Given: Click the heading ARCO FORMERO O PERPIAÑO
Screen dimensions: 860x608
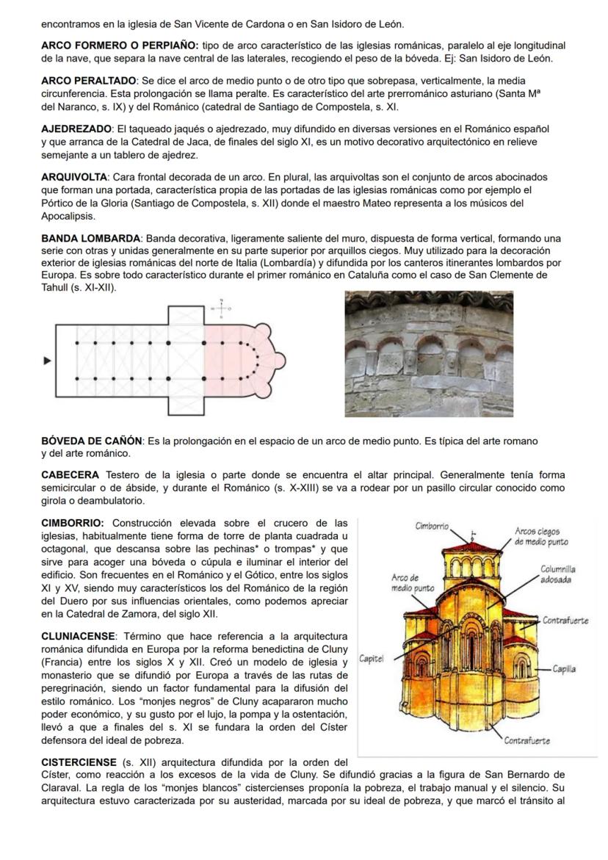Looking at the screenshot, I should click(120, 46).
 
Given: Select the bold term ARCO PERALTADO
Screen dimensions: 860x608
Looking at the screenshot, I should click(89, 80).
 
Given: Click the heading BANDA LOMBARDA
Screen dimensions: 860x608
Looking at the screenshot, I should click(91, 239).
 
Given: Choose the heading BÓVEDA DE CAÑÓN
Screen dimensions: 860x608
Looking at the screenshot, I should click(92, 441).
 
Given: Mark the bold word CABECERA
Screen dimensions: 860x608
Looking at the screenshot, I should click(70, 474).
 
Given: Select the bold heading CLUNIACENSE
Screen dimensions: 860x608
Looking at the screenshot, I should click(79, 635).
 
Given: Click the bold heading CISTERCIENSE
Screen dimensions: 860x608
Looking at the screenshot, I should click(79, 762).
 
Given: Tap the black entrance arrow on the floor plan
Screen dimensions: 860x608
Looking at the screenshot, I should click(48, 361).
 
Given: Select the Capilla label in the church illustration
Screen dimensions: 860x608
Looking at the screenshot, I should click(564, 669).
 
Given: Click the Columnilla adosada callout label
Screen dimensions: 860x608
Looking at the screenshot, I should click(557, 574).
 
